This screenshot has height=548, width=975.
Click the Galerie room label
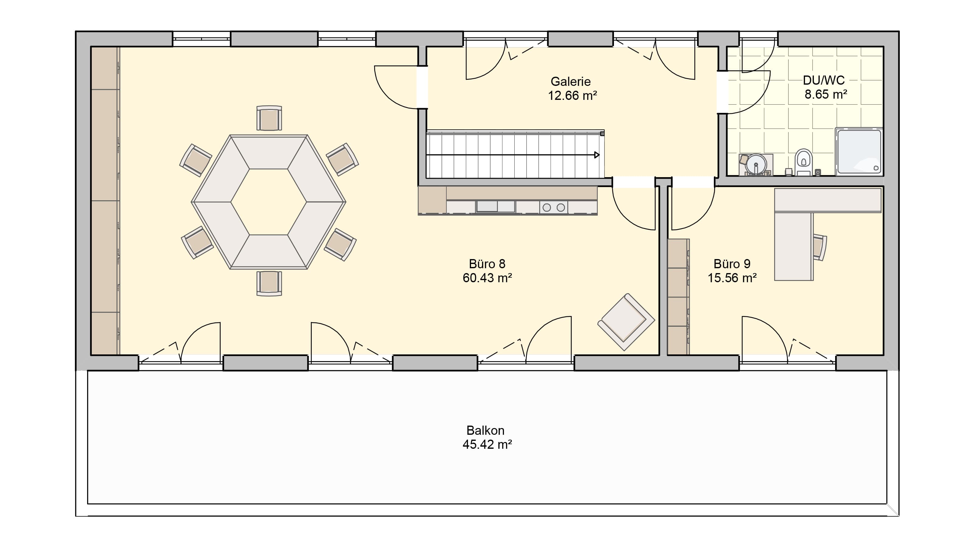click(x=570, y=81)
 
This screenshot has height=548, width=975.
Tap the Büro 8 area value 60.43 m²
click(x=487, y=278)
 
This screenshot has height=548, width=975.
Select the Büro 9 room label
click(x=732, y=264)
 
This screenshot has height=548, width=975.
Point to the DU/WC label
click(x=824, y=80)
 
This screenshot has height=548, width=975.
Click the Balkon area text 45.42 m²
click(x=487, y=444)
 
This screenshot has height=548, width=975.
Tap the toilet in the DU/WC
click(x=803, y=163)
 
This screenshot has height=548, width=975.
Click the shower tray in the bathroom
click(x=859, y=152)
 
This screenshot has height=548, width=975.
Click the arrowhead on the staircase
click(x=597, y=155)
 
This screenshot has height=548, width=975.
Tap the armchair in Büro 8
click(x=626, y=322)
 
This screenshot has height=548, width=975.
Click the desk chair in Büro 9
click(x=819, y=247)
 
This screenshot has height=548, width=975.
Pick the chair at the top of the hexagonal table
click(x=269, y=118)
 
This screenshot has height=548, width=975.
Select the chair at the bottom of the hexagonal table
click(x=269, y=283)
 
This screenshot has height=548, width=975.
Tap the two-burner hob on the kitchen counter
click(x=553, y=207)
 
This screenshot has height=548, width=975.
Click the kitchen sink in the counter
click(x=495, y=206)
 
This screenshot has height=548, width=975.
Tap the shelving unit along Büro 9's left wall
click(x=678, y=297)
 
